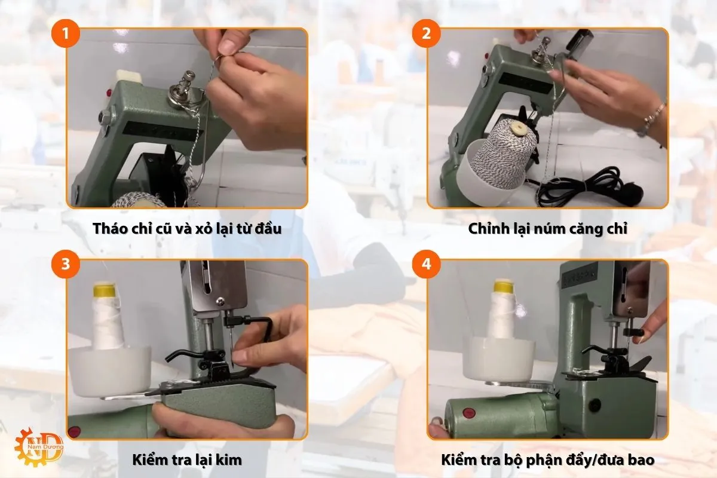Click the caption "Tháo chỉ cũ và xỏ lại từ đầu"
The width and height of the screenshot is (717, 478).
(x=187, y=229)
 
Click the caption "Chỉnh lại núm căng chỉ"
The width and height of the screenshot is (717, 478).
(x=547, y=229)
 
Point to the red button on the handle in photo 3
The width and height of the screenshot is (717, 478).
(x=75, y=431)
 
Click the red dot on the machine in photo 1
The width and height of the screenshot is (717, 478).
(x=109, y=93)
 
